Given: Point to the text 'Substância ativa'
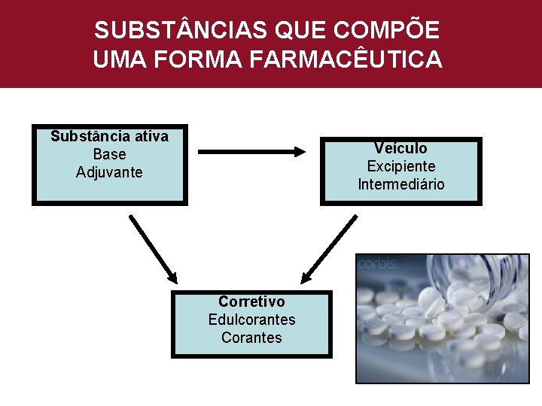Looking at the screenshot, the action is point(109,136).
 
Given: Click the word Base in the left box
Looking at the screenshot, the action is point(109,154).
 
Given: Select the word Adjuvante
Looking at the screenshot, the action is point(109,172).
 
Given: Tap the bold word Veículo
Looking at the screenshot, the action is point(400,148).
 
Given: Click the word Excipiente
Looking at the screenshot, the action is point(400,166).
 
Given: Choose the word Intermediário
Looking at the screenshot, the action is point(400,184).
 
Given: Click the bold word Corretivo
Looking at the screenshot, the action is point(251,301).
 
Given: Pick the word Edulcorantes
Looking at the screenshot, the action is point(251,320).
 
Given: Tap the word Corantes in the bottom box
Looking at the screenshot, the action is point(251,338).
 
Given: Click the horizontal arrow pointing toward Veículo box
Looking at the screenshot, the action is point(256,151).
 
